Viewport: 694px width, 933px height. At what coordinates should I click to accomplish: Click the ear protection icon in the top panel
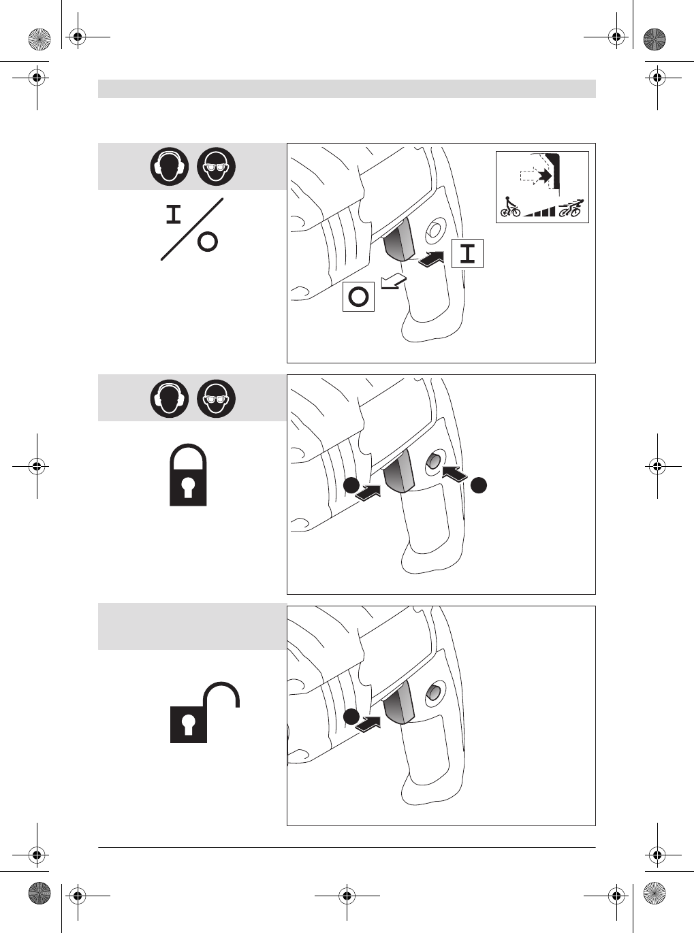[170, 167]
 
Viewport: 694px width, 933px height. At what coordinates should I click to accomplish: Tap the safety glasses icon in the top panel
[217, 167]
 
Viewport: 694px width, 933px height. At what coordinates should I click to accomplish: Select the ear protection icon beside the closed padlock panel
[170, 398]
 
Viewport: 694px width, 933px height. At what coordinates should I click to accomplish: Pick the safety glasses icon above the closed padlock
[217, 398]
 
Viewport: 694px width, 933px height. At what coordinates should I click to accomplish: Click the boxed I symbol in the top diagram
[467, 253]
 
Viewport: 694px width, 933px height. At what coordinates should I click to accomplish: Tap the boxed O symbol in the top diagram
[358, 296]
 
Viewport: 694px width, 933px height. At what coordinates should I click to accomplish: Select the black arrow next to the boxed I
[431, 259]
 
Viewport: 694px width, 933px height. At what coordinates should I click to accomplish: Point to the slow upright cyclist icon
[510, 207]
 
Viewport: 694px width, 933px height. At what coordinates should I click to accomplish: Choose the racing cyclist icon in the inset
[571, 208]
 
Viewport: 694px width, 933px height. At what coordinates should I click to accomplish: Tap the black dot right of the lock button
[479, 484]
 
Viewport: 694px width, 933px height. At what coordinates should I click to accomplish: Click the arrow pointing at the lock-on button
[455, 473]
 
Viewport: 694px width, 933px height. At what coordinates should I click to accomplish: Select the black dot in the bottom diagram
[350, 717]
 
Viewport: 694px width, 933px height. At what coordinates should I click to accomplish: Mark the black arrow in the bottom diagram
[368, 724]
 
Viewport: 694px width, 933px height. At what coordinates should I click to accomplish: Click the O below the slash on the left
[208, 242]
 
